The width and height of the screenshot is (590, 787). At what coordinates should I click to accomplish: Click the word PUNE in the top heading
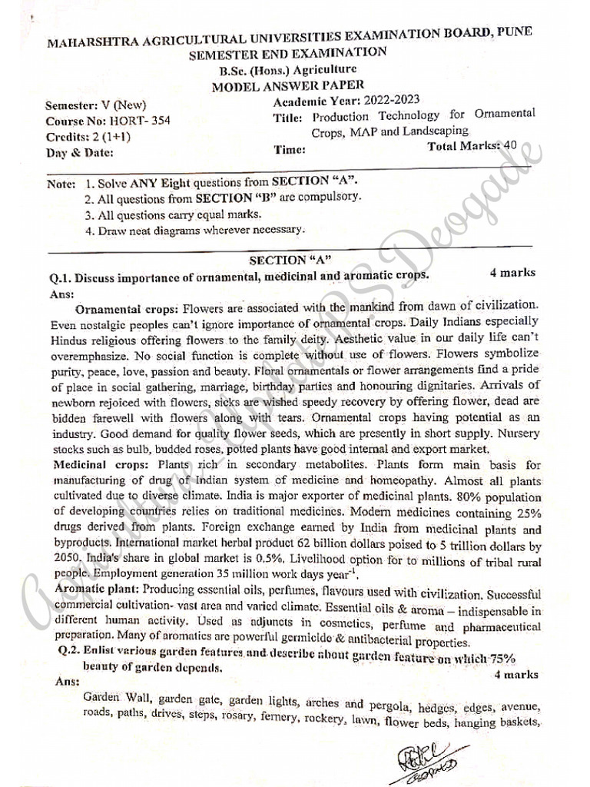509,32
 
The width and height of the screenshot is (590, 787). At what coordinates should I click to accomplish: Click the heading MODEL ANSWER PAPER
288,86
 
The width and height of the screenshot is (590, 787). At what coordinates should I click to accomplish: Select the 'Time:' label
290,149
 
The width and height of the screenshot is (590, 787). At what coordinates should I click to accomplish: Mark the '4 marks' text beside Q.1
512,273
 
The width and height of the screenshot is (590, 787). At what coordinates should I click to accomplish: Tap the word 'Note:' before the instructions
61,184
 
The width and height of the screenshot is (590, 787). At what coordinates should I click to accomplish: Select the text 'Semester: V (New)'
95,105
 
